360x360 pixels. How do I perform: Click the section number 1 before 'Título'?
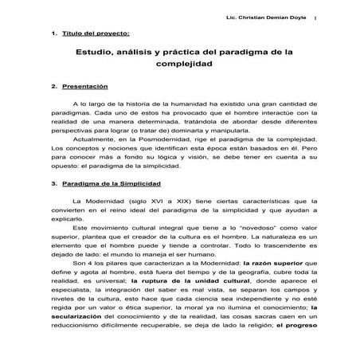click(52, 35)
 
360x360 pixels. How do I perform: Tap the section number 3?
click(52, 184)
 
